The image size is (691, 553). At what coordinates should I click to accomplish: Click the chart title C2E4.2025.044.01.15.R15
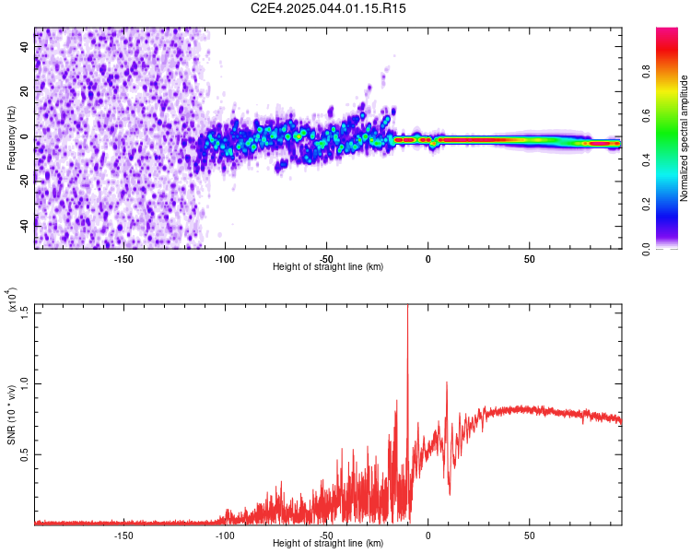tap(328, 8)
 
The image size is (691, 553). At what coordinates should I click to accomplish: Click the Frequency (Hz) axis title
tap(11, 138)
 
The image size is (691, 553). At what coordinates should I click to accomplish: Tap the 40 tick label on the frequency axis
tap(25, 47)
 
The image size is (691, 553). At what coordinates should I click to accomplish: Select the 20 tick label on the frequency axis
tap(25, 92)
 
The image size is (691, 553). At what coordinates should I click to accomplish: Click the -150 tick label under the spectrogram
tap(123, 259)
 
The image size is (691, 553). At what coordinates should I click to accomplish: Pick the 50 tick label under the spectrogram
tap(529, 259)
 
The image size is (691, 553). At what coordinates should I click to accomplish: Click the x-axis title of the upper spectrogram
tap(328, 266)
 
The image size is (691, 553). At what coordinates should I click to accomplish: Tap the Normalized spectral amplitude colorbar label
tap(684, 138)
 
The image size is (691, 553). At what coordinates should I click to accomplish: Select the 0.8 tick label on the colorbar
tap(646, 71)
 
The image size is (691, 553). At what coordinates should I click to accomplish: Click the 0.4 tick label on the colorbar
tap(646, 160)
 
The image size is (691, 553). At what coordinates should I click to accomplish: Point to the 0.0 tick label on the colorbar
tap(646, 249)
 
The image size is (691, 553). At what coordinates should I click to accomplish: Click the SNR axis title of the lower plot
tap(11, 415)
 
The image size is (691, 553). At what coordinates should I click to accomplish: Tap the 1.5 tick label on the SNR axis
tap(25, 313)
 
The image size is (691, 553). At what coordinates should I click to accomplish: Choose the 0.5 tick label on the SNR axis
tap(25, 454)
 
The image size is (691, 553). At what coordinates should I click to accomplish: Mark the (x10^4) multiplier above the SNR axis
tap(12, 300)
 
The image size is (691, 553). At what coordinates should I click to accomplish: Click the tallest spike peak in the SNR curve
tap(407, 305)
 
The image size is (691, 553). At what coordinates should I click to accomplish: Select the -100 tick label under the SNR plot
tap(225, 535)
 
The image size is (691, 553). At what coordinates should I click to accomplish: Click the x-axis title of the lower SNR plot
tap(328, 543)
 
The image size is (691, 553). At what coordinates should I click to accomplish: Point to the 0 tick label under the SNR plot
tap(427, 535)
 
